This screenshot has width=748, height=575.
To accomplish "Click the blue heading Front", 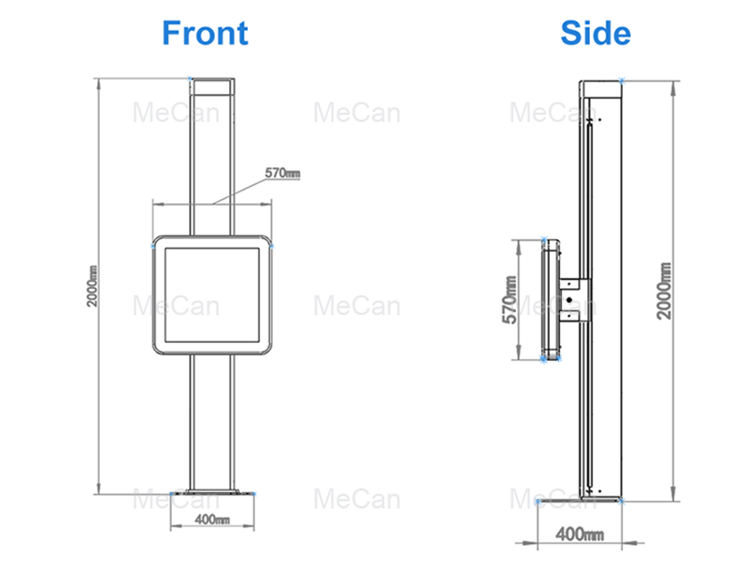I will [205, 33].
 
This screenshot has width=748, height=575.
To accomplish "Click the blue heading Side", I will [596, 33].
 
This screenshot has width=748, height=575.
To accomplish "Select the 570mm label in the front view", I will [282, 173].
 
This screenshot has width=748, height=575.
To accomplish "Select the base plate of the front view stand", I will [213, 493].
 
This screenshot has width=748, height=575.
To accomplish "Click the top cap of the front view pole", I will [213, 86].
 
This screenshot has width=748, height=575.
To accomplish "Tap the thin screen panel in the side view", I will [549, 298].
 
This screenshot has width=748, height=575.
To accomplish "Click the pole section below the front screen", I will [213, 421].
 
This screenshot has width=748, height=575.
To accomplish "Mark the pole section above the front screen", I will [213, 159].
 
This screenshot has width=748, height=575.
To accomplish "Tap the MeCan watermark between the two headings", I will [357, 114].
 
